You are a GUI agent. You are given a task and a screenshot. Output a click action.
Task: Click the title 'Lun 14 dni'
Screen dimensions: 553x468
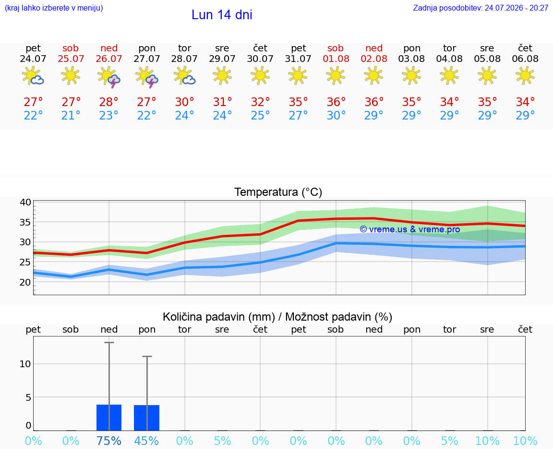tap(222, 15)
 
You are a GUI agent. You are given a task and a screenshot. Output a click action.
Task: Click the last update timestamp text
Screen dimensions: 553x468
tap(481, 8)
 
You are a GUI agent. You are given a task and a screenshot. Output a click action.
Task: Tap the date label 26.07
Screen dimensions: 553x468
tap(109, 59)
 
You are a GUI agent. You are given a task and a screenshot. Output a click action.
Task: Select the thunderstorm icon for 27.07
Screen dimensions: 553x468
tap(147, 77)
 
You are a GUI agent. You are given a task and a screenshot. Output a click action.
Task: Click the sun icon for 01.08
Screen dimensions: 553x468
tap(336, 76)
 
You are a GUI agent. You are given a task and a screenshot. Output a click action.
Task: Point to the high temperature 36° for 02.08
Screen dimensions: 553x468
tap(374, 102)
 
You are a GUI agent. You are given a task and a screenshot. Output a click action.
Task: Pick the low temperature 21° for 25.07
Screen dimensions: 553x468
tap(71, 115)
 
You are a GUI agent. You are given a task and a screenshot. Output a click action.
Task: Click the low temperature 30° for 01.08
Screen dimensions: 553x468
tap(336, 115)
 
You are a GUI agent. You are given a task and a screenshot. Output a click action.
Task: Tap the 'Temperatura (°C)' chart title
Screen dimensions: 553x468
tap(278, 192)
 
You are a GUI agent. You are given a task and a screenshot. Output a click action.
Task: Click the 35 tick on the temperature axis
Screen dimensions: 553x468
tap(25, 222)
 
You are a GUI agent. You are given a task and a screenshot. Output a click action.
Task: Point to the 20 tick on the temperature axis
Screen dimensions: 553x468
tap(25, 282)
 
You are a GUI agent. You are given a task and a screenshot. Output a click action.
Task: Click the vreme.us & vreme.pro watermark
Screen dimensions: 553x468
tap(410, 229)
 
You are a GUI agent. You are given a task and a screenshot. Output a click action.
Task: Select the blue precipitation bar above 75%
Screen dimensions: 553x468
tap(109, 418)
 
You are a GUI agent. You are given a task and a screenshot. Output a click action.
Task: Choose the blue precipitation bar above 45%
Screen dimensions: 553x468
tap(147, 418)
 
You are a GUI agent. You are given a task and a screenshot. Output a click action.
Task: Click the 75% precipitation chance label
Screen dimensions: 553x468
tap(109, 441)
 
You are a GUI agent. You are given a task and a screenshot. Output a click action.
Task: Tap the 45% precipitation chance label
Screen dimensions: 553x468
tap(147, 441)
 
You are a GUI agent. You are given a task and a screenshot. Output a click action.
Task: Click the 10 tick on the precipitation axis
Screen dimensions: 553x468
tap(25, 364)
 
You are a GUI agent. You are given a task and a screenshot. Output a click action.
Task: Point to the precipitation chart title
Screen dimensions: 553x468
tap(277, 317)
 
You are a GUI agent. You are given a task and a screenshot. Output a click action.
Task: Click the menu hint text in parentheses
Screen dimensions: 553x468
tap(54, 8)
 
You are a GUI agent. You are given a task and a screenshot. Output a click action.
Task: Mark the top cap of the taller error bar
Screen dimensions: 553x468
tap(109, 342)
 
